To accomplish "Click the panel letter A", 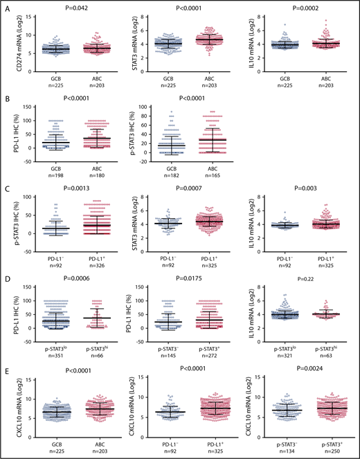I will click(6, 6).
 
